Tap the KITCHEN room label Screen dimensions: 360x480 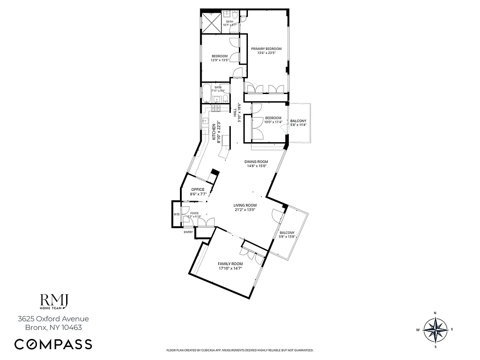pos(214,131)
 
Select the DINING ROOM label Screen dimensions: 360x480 pos(256,162)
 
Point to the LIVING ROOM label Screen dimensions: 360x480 pos(245,205)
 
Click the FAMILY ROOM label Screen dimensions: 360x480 pos(230,264)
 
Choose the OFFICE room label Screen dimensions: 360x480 pos(198,189)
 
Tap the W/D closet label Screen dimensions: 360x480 pos(176,214)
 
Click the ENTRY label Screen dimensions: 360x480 pos(188,232)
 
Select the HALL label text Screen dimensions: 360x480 pos(235,110)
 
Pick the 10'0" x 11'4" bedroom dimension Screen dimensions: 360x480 pos(273,122)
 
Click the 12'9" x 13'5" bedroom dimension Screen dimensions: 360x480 pos(220,60)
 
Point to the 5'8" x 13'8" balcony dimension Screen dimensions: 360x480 pos(287,237)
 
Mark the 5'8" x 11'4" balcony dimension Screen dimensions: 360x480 pos(298,125)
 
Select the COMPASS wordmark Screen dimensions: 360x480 pos(53,344)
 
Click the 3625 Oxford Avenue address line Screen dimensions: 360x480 pos(53,319)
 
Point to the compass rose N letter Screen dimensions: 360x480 pos(435,313)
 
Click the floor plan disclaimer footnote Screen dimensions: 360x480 pos(240,350)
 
